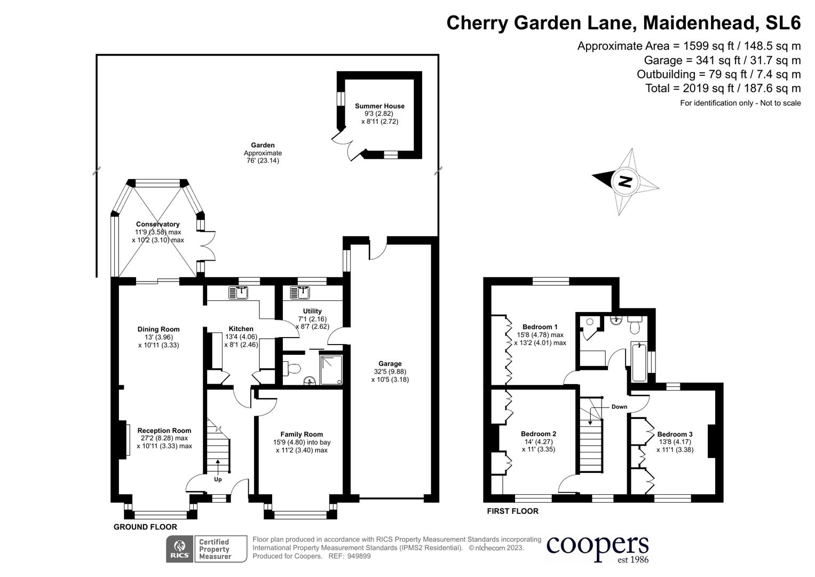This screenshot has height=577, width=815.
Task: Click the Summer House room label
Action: pyautogui.click(x=379, y=106)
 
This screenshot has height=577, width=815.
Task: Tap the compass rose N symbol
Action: pyautogui.click(x=624, y=182)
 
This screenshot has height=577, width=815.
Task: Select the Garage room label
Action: pyautogui.click(x=390, y=364)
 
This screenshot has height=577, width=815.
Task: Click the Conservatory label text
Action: pyautogui.click(x=157, y=224)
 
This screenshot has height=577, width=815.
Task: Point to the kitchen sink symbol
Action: pyautogui.click(x=238, y=293)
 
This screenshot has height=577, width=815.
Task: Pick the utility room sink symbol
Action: pyautogui.click(x=299, y=293)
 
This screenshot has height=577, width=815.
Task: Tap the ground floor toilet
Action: pyautogui.click(x=293, y=368)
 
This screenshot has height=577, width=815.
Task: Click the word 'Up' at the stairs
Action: pyautogui.click(x=218, y=479)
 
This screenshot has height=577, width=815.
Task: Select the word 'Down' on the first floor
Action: pyautogui.click(x=619, y=407)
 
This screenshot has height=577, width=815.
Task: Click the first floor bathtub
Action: pyautogui.click(x=638, y=362)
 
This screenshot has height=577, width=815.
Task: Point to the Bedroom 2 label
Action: pyautogui.click(x=539, y=434)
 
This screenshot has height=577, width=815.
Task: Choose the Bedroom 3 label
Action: pyautogui.click(x=675, y=434)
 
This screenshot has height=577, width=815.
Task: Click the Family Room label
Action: pyautogui.click(x=302, y=434)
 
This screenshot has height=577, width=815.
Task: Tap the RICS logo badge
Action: pyautogui.click(x=180, y=549)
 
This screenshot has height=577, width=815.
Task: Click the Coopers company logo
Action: pyautogui.click(x=597, y=547)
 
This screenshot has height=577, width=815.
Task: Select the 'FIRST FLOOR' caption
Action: pyautogui.click(x=512, y=511)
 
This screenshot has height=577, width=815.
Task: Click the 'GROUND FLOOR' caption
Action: pyautogui.click(x=145, y=527)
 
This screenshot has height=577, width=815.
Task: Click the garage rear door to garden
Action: pyautogui.click(x=377, y=250)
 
